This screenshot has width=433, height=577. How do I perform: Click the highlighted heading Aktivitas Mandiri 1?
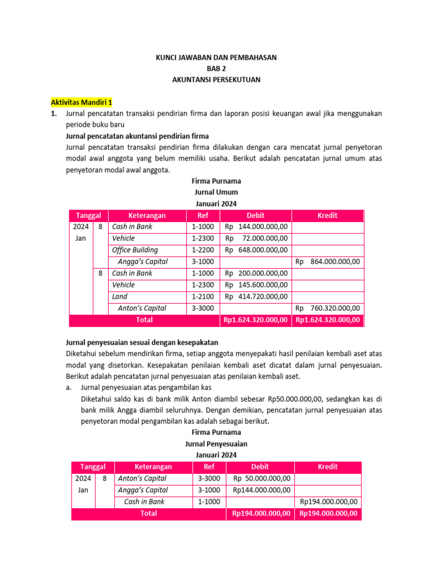(82, 103)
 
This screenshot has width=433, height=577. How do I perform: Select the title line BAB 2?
(216, 69)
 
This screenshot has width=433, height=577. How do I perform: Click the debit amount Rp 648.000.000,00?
(256, 250)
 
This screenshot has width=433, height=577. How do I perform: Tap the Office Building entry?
(135, 250)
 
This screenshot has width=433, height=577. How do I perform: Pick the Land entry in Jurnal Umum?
(120, 296)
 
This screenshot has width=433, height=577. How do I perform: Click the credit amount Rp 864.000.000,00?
(328, 261)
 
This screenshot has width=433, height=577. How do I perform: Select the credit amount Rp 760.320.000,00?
(328, 308)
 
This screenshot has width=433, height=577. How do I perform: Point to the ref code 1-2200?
(202, 250)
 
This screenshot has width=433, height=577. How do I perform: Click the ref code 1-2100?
(202, 296)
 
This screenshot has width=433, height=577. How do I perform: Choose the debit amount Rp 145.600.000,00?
(256, 285)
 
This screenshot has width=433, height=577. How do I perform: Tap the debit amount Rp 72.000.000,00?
(256, 238)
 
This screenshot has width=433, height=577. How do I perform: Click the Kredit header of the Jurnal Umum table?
(328, 215)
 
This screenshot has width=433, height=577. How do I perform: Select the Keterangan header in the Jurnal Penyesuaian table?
(153, 467)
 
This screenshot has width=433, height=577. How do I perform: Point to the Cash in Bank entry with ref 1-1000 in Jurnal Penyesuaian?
(144, 501)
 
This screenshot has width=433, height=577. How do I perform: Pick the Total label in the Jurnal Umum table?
(144, 320)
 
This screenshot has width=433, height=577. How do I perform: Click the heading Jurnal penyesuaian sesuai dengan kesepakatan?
(142, 343)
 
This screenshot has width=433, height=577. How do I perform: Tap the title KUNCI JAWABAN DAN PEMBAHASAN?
(216, 57)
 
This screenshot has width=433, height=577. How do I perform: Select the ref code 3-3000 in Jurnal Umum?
(202, 308)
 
